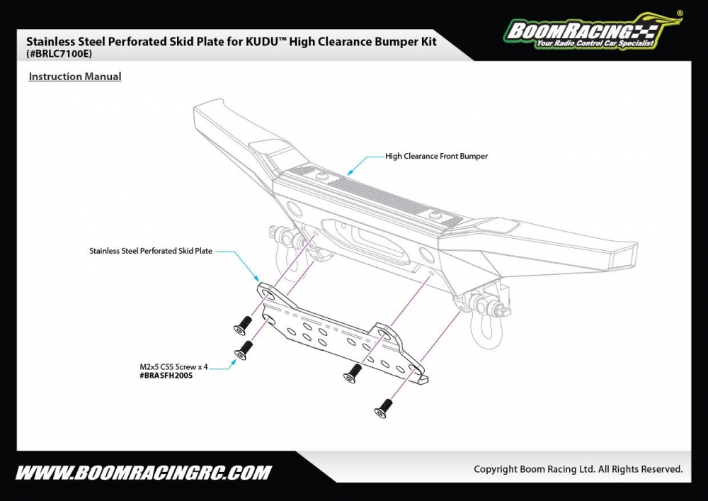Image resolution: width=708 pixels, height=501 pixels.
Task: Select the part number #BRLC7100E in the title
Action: point(59,54)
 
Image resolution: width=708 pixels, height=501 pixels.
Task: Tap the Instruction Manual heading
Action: point(75,77)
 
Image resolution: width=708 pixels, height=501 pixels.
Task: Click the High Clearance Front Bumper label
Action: point(436,156)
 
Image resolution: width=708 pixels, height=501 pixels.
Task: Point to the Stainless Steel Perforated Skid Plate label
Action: point(151,251)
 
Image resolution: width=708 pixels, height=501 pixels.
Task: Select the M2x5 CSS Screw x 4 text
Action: point(174,366)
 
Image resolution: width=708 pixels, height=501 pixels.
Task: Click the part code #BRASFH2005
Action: point(166,376)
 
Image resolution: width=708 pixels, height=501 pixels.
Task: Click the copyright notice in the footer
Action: point(578,469)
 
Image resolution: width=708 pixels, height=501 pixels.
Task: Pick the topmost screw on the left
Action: point(241,325)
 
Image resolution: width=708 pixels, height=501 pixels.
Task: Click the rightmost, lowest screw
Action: point(384,407)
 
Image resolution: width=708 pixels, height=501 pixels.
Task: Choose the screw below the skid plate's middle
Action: point(351,375)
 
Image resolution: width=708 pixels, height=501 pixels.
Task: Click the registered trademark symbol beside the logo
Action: point(680,13)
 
